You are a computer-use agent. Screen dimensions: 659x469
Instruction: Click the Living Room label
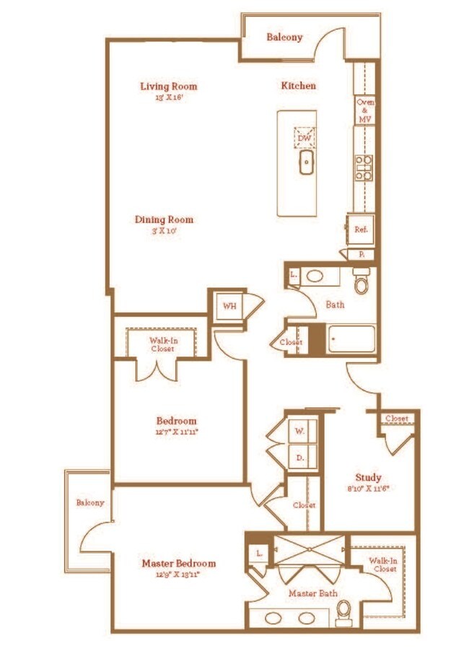168,87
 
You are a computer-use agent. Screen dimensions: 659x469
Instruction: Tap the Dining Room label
164,219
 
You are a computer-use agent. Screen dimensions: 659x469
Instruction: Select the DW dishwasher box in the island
304,137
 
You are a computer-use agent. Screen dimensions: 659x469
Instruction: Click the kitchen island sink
306,162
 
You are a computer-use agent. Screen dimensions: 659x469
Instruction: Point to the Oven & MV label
364,110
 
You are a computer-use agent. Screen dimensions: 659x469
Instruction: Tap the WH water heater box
229,306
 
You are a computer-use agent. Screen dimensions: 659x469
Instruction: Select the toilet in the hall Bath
361,280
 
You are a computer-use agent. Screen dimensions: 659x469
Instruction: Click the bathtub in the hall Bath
351,339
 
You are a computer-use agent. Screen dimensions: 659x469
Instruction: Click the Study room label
368,477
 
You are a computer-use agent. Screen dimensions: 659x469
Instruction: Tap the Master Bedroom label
178,563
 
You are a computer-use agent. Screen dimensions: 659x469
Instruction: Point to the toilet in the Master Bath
344,611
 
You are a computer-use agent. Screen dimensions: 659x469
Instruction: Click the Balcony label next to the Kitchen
284,37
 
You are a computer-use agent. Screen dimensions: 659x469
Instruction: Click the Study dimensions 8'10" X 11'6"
368,489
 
